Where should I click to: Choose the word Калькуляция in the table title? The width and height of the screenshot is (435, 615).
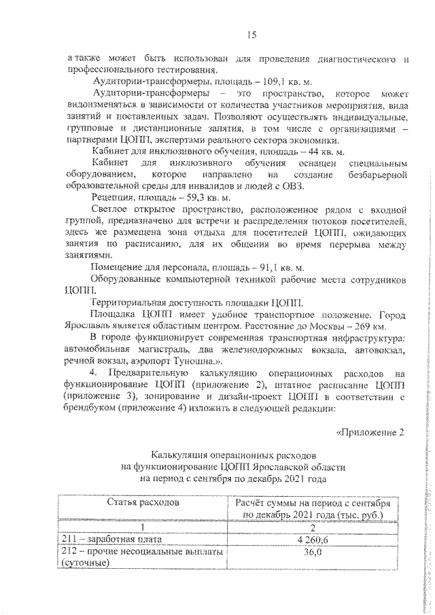pyautogui.click(x=184, y=455)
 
